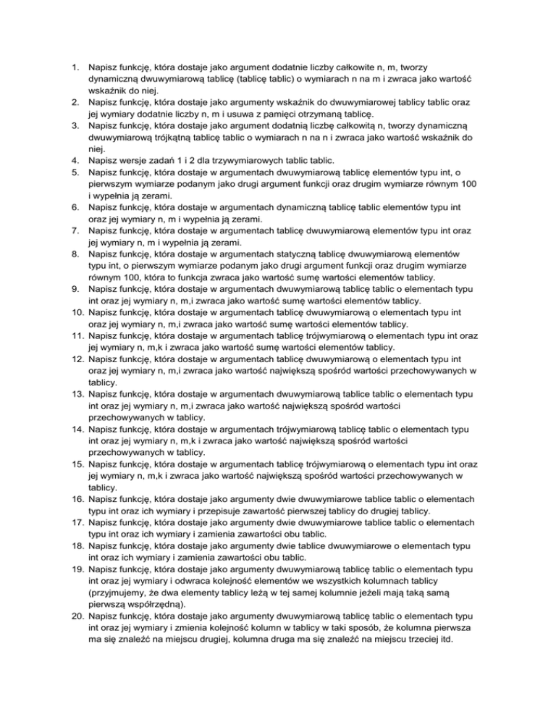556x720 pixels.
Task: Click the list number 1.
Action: (74, 67)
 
